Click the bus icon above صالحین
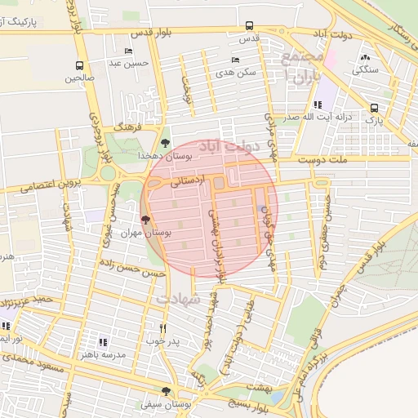(x=79, y=66)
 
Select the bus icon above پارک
(x=374, y=108)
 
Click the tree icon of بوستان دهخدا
(x=166, y=142)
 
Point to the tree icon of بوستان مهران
(x=146, y=220)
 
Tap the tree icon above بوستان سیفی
(x=167, y=391)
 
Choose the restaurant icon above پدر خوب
(x=163, y=328)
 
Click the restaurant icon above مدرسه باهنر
(x=104, y=342)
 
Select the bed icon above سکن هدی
(x=235, y=60)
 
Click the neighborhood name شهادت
(x=177, y=300)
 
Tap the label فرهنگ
(x=130, y=128)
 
